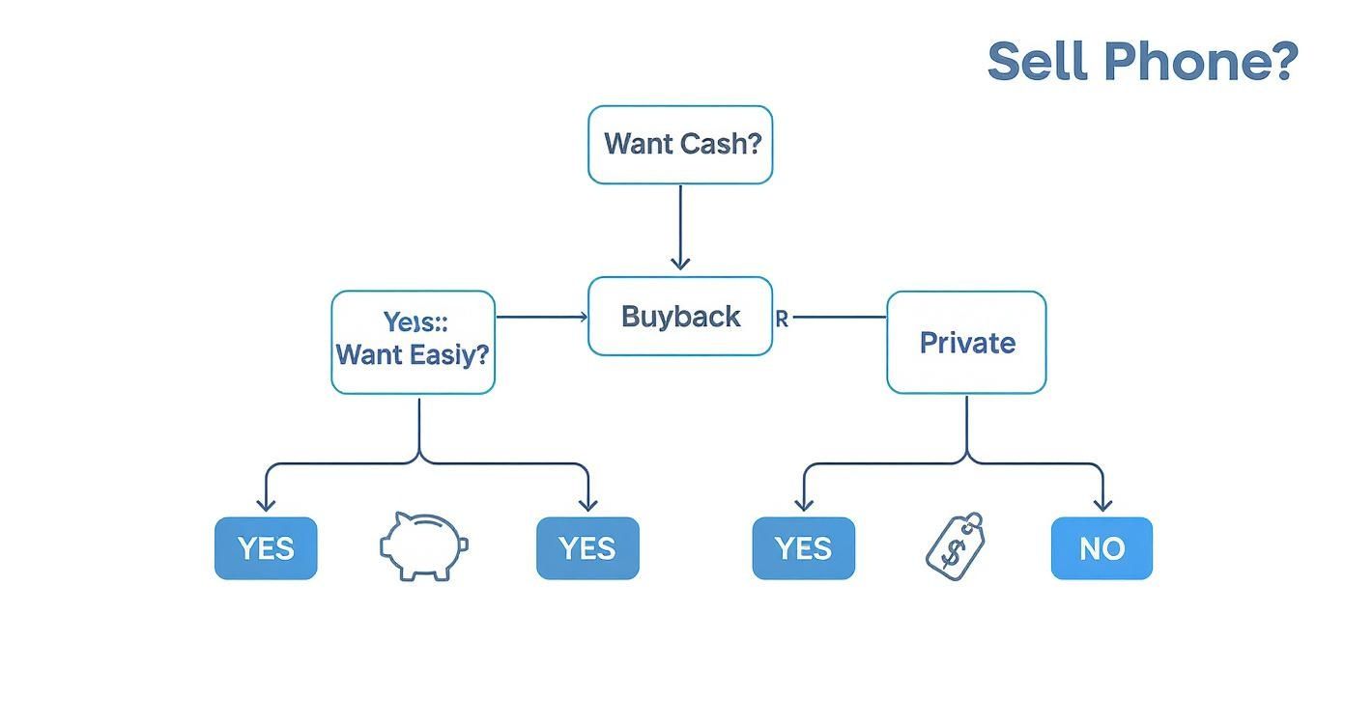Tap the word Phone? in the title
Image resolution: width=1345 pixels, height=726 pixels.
point(1200,61)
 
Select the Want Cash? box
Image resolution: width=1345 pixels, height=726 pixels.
point(680,145)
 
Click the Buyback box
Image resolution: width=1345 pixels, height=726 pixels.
point(680,317)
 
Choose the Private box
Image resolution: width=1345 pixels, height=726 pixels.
point(966,343)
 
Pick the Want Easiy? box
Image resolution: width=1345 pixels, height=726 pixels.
point(413,343)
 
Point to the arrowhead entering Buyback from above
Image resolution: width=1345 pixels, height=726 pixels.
point(680,263)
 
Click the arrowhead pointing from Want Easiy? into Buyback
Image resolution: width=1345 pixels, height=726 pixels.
point(582,317)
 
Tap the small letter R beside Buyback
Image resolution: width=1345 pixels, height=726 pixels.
point(782,319)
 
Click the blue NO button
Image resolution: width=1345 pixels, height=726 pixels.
point(1102,548)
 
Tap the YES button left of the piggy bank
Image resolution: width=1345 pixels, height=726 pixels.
point(266,548)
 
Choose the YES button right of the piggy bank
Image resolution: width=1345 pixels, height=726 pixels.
point(587,548)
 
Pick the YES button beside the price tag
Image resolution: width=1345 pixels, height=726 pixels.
point(803,548)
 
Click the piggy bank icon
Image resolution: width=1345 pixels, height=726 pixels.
point(423,545)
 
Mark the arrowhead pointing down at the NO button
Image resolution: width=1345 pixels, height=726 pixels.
point(1102,505)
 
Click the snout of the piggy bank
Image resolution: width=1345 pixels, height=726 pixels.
point(462,544)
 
